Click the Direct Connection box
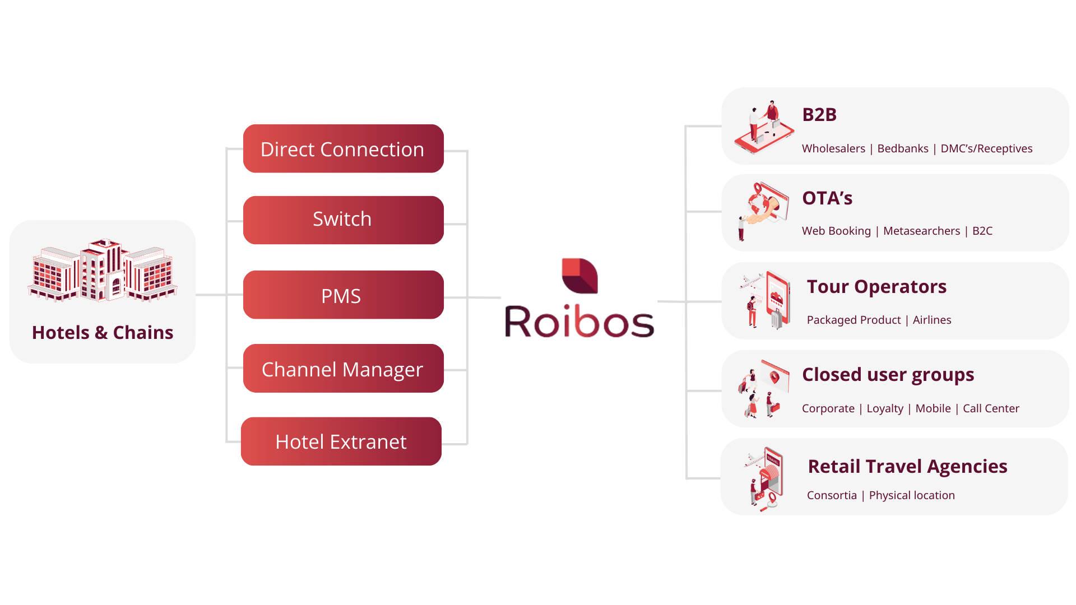(343, 149)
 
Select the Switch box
(343, 220)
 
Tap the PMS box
(343, 295)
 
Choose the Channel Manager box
(343, 369)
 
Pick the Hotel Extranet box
(341, 441)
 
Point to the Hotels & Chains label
(103, 333)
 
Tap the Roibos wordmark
(579, 322)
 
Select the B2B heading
(819, 115)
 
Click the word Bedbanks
(902, 148)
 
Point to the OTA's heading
(827, 198)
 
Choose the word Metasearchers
(921, 231)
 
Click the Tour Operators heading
(876, 287)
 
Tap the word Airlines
(931, 320)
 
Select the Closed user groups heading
(888, 375)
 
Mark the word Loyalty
(884, 408)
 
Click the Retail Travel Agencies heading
(907, 467)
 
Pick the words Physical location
(912, 495)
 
